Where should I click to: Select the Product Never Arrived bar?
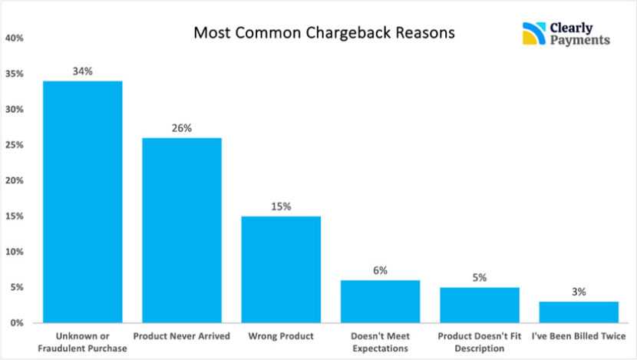tap(182, 230)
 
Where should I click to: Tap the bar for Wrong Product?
tap(281, 269)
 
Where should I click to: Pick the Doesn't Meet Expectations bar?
tap(380, 301)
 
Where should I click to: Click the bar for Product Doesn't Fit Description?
tap(480, 305)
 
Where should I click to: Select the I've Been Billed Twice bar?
tap(579, 312)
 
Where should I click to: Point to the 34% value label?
tap(82, 71)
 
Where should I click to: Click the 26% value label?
tap(182, 128)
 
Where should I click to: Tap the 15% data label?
tap(281, 206)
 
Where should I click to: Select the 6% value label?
tap(380, 270)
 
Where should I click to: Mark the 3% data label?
tap(579, 292)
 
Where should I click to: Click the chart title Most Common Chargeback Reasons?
tap(324, 34)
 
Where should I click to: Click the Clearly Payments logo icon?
tap(533, 34)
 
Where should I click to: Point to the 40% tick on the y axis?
tap(15, 38)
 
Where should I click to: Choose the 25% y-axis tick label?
tap(15, 145)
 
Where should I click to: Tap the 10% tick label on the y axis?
tap(15, 252)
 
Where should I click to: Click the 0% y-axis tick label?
tap(17, 323)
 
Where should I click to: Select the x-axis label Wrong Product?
tap(281, 336)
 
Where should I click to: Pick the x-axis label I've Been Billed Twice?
tap(579, 336)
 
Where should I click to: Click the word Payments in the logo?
tap(579, 40)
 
